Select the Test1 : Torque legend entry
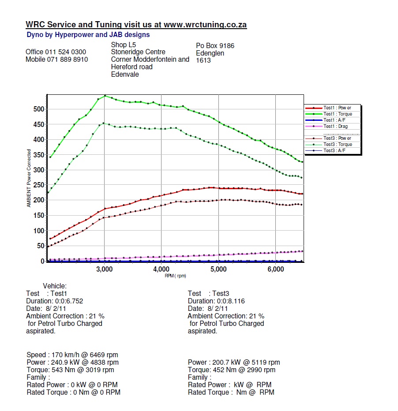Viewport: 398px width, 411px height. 338,114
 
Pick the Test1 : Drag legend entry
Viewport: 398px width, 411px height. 336,127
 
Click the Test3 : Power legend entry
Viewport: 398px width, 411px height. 338,138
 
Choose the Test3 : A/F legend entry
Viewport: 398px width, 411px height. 335,151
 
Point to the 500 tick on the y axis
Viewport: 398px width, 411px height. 39,109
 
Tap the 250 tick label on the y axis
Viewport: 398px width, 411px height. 39,185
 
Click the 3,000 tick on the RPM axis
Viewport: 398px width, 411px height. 105,269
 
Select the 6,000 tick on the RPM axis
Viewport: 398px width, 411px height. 275,269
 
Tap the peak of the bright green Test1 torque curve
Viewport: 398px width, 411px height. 105,96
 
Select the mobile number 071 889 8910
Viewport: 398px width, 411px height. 68,60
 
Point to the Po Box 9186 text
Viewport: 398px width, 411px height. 215,45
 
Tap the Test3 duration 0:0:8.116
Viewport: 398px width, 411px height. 230,301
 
